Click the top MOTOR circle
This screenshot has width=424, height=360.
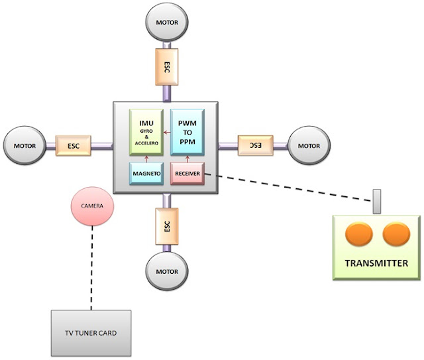click(x=167, y=22)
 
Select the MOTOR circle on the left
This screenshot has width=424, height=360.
click(x=25, y=146)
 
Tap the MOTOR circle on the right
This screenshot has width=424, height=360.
click(x=309, y=146)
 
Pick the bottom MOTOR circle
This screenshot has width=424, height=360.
click(x=167, y=271)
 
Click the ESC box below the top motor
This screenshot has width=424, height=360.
click(x=166, y=67)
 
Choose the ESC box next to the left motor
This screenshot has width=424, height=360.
click(x=74, y=146)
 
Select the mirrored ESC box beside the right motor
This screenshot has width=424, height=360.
click(x=256, y=146)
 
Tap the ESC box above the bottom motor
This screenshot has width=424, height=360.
click(x=167, y=226)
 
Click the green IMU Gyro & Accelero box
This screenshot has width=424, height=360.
click(x=146, y=132)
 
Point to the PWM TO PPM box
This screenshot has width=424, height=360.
click(x=187, y=132)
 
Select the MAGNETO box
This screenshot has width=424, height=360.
click(x=146, y=174)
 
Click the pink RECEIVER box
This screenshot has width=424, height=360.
click(x=187, y=174)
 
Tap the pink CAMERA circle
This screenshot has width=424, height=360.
click(x=92, y=206)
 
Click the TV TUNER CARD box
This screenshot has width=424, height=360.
click(x=91, y=333)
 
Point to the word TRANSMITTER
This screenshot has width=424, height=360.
click(x=376, y=263)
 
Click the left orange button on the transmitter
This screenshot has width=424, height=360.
click(x=359, y=234)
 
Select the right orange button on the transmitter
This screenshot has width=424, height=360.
click(x=396, y=234)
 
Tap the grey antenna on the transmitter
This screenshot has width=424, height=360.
click(x=377, y=202)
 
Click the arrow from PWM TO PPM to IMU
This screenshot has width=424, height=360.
click(x=167, y=133)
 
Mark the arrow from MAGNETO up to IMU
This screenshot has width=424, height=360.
click(x=146, y=159)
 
